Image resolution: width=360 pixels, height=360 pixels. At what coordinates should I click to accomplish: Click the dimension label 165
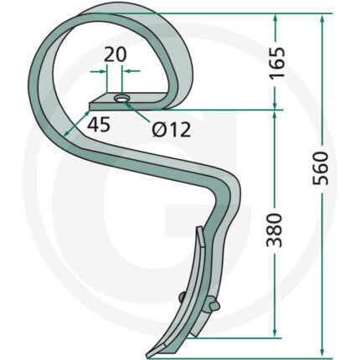pos(278,63)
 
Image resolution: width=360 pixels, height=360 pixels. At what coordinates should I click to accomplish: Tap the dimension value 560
pos(320,168)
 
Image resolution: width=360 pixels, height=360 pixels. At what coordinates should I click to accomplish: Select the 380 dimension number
pos(274,230)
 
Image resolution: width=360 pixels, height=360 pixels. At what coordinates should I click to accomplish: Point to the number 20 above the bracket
pos(115,54)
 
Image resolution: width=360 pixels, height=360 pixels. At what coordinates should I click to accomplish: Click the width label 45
pos(99,125)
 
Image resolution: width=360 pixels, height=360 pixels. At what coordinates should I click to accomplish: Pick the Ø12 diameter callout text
pos(172,130)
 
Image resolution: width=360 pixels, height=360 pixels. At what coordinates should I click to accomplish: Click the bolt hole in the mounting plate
pos(122,99)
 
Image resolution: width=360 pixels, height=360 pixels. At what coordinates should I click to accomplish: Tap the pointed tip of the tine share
pos(147,356)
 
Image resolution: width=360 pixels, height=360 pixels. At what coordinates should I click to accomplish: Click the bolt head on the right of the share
pos(213,305)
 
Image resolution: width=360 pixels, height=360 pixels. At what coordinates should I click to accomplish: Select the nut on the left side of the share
pos(183,297)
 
